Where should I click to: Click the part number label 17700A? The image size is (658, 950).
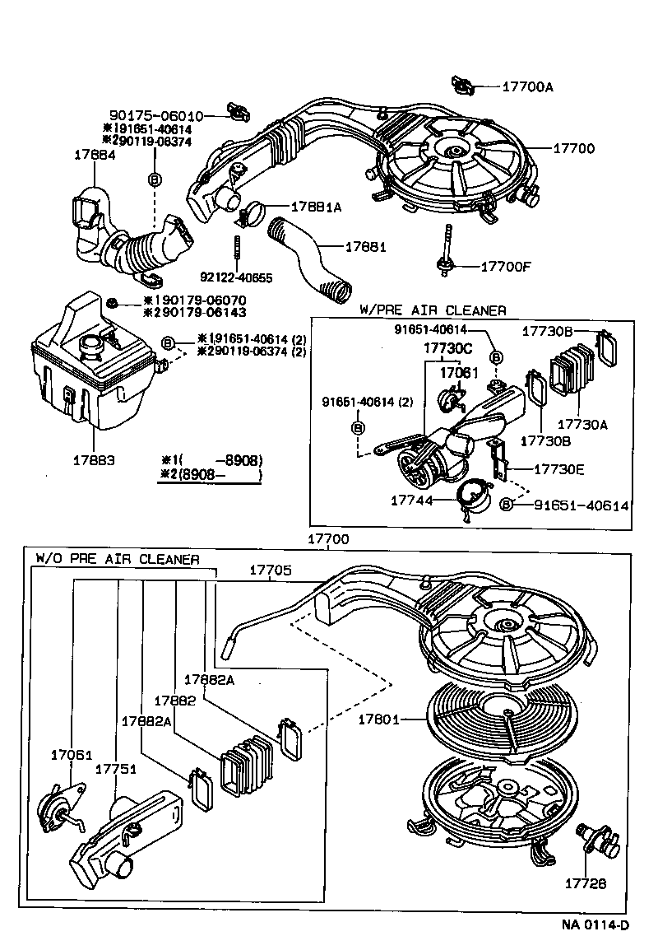pyautogui.click(x=527, y=86)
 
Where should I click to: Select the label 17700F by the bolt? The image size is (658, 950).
pyautogui.click(x=507, y=267)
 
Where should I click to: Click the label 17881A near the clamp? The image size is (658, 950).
pyautogui.click(x=315, y=207)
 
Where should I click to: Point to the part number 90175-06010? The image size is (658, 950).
pyautogui.click(x=155, y=116)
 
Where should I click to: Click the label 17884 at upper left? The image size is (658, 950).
pyautogui.click(x=94, y=154)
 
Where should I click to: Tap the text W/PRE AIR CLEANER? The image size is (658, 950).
pyautogui.click(x=433, y=310)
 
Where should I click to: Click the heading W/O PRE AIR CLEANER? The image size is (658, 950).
pyautogui.click(x=117, y=559)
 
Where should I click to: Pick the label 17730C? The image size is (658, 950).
pyautogui.click(x=449, y=349)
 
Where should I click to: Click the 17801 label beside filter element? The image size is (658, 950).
pyautogui.click(x=378, y=719)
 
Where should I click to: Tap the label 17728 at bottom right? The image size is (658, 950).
pyautogui.click(x=585, y=883)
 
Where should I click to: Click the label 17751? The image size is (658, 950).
pyautogui.click(x=116, y=769)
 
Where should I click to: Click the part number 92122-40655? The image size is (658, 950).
pyautogui.click(x=236, y=277)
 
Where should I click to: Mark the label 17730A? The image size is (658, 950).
pyautogui.click(x=582, y=424)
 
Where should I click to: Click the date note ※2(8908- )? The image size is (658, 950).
pyautogui.click(x=211, y=475)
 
